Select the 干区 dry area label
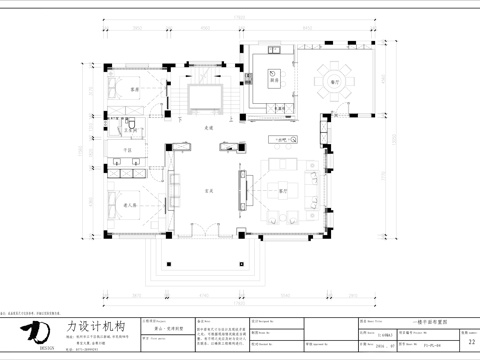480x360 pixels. coord(128,150)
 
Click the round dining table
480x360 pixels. coord(329,78)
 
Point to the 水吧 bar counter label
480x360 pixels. coord(283,139)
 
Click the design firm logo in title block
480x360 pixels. coord(36,331)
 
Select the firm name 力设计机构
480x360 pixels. coord(96,326)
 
